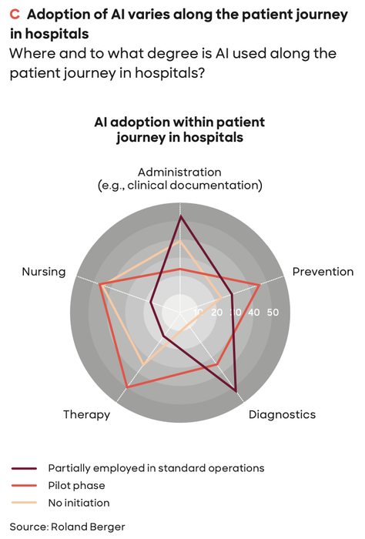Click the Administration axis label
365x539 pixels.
click(x=179, y=179)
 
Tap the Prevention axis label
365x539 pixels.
click(x=323, y=272)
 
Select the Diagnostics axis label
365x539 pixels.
click(x=282, y=414)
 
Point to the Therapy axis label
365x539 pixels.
click(x=86, y=414)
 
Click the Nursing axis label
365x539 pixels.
click(x=44, y=272)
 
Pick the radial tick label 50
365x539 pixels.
click(x=273, y=312)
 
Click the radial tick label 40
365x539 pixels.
click(x=254, y=312)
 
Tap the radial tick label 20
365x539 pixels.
click(x=217, y=312)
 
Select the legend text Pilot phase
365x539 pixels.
click(x=77, y=485)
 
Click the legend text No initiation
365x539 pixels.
click(x=79, y=503)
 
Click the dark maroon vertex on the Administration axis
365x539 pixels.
click(x=180, y=216)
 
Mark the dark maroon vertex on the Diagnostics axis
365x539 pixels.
click(x=236, y=391)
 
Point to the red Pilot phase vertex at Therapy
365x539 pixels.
click(x=126, y=388)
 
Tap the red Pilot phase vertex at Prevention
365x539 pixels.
click(x=260, y=285)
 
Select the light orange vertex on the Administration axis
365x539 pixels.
click(x=179, y=241)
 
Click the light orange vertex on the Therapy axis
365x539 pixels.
click(x=143, y=364)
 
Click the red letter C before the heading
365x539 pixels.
click(x=15, y=15)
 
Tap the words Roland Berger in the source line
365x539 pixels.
click(x=88, y=527)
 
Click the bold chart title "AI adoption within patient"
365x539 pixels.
click(x=179, y=122)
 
